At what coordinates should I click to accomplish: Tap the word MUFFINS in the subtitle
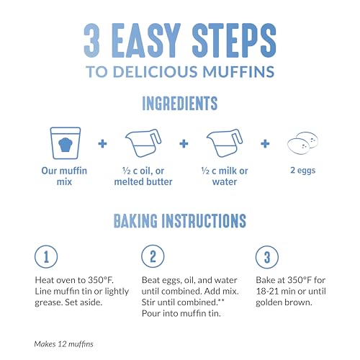click(x=239, y=72)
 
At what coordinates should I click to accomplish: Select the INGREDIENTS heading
click(x=179, y=104)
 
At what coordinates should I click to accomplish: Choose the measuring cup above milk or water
click(x=222, y=145)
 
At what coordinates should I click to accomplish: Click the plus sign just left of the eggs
click(x=264, y=144)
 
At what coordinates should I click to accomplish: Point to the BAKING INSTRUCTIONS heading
click(x=179, y=219)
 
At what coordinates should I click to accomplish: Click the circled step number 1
click(x=45, y=256)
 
